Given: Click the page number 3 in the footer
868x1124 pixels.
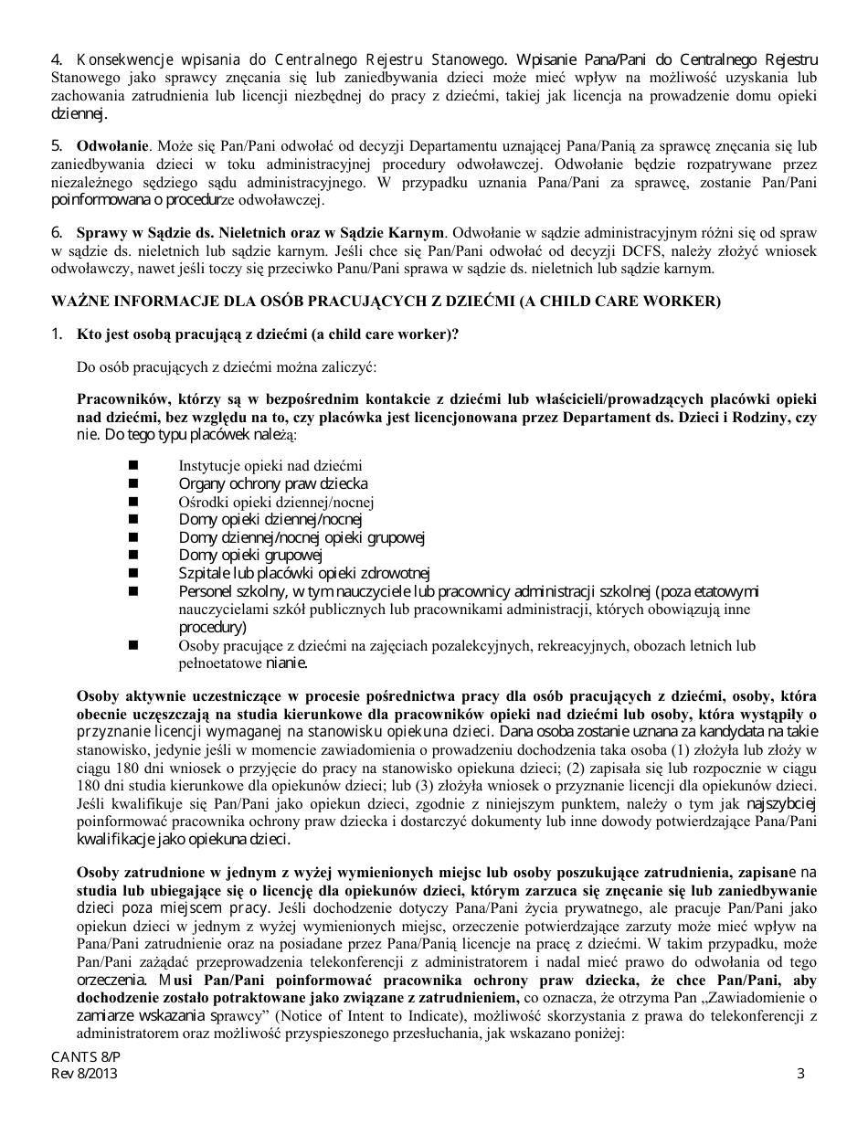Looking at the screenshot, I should tap(800, 1074).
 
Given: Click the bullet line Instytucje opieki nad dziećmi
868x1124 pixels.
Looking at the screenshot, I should tap(270, 466).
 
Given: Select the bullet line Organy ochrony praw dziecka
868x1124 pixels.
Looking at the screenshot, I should tap(272, 483).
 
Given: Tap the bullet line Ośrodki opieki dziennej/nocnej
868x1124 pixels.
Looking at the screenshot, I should tap(276, 502).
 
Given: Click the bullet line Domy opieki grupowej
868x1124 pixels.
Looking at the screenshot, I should tap(250, 555).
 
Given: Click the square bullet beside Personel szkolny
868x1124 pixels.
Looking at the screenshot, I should tap(133, 591).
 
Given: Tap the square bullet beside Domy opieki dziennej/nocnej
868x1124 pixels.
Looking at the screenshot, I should tap(133, 519).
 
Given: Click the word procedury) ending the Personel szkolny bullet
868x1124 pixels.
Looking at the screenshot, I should tap(212, 627).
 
